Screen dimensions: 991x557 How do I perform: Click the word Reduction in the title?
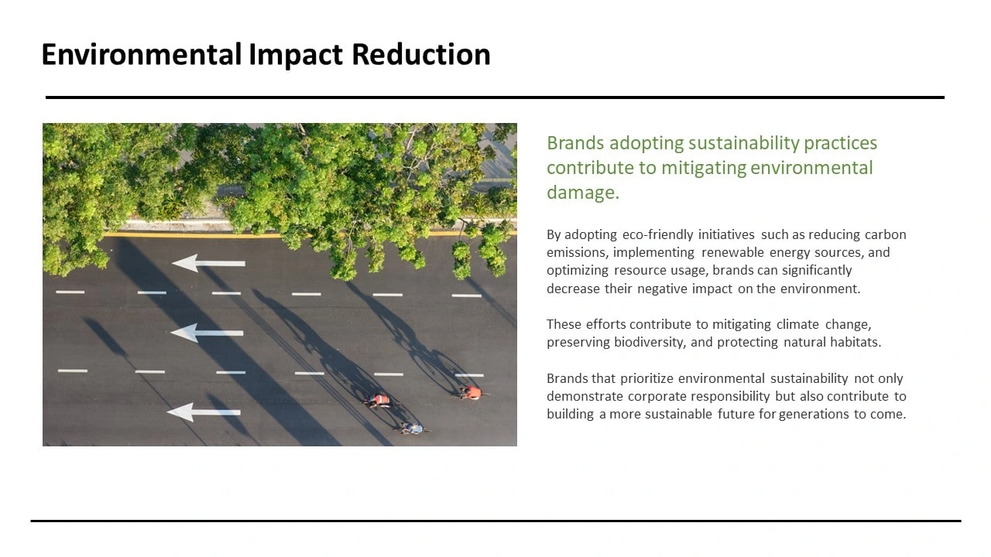(420, 54)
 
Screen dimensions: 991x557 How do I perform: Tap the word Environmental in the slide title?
(142, 54)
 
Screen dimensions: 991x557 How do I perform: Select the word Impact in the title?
(296, 55)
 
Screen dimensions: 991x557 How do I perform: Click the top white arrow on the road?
(208, 263)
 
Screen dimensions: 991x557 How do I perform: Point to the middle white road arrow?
(207, 333)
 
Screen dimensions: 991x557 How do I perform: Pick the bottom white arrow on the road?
(204, 412)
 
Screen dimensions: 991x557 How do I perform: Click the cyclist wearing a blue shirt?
(414, 429)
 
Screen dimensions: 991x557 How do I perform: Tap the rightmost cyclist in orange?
(472, 392)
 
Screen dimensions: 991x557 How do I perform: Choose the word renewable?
(732, 252)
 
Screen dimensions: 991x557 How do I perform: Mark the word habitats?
(856, 342)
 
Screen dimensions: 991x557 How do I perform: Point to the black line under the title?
(495, 97)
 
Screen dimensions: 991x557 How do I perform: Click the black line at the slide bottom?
(495, 521)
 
